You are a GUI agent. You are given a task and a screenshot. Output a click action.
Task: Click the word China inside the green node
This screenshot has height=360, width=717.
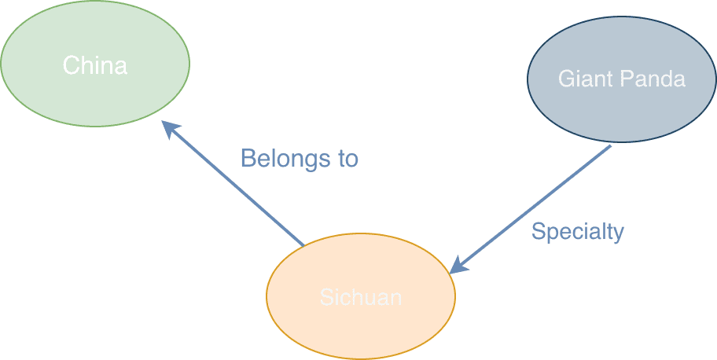[94, 65]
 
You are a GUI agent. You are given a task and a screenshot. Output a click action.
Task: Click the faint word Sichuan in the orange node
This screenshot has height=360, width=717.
[361, 297]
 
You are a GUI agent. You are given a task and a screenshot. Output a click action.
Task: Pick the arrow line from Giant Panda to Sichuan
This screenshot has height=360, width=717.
[535, 208]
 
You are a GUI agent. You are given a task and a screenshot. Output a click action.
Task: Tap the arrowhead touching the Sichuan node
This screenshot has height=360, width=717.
[456, 268]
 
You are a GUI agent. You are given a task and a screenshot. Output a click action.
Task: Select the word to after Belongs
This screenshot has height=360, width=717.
[348, 160]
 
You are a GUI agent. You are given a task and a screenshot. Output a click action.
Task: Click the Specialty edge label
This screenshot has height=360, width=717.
[577, 232]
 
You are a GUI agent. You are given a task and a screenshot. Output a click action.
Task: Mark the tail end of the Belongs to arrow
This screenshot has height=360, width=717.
[303, 244]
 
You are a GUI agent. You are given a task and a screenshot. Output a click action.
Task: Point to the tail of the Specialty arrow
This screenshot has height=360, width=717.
[609, 147]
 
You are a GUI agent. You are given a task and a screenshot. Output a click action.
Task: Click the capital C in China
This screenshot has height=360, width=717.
[70, 65]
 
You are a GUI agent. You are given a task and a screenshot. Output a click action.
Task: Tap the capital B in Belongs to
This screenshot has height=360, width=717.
[247, 159]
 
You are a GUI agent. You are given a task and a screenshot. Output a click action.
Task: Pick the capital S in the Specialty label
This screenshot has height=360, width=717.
[538, 231]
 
